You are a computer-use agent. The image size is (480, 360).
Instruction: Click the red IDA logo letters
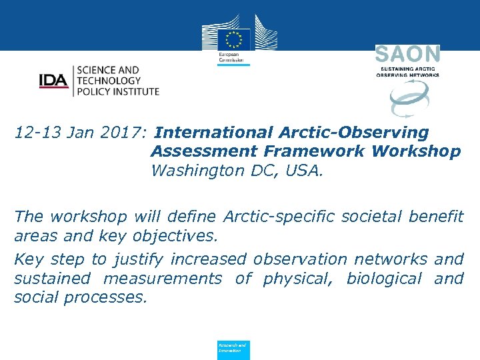[x=53, y=81]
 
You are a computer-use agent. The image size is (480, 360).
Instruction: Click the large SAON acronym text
[x=407, y=55]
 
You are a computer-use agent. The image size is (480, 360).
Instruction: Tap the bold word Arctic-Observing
[x=353, y=133]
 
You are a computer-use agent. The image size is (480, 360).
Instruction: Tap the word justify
[x=141, y=259]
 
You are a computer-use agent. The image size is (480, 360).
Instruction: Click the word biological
[x=384, y=278]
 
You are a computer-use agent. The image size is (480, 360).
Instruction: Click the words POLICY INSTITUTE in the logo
[x=118, y=91]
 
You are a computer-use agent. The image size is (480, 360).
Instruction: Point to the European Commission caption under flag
[x=231, y=58]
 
